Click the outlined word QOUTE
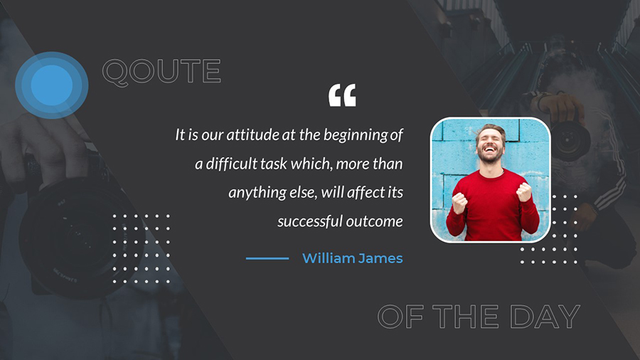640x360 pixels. tap(161, 72)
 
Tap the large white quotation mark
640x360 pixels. tap(342, 95)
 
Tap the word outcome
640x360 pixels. tap(372, 221)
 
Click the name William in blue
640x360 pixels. tap(329, 258)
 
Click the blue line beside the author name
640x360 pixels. tap(267, 258)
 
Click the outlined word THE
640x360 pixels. tap(465, 317)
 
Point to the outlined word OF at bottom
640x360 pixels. tap(400, 317)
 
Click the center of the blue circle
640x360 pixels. tap(52, 85)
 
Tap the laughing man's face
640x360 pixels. tap(491, 144)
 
